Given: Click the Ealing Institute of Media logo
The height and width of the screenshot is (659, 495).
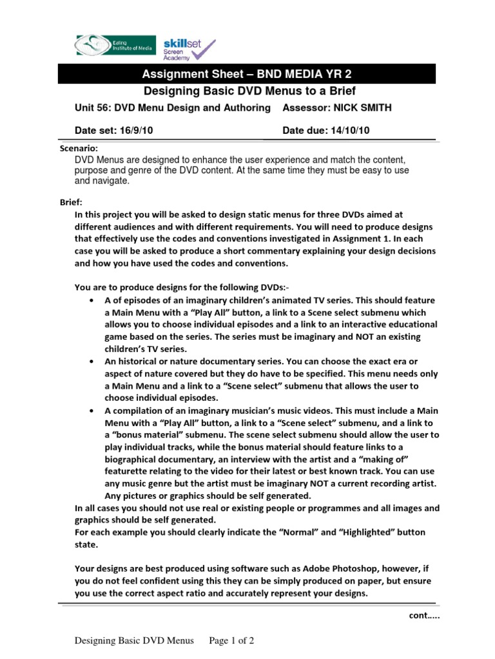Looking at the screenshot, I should click(x=113, y=45).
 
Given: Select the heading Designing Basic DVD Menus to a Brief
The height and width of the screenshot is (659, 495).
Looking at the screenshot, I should click(x=249, y=91).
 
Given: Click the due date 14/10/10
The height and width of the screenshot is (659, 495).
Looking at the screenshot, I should click(x=347, y=131).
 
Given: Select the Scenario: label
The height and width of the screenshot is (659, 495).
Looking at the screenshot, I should click(x=79, y=148).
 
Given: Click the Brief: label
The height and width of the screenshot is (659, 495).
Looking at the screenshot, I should click(x=72, y=202).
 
